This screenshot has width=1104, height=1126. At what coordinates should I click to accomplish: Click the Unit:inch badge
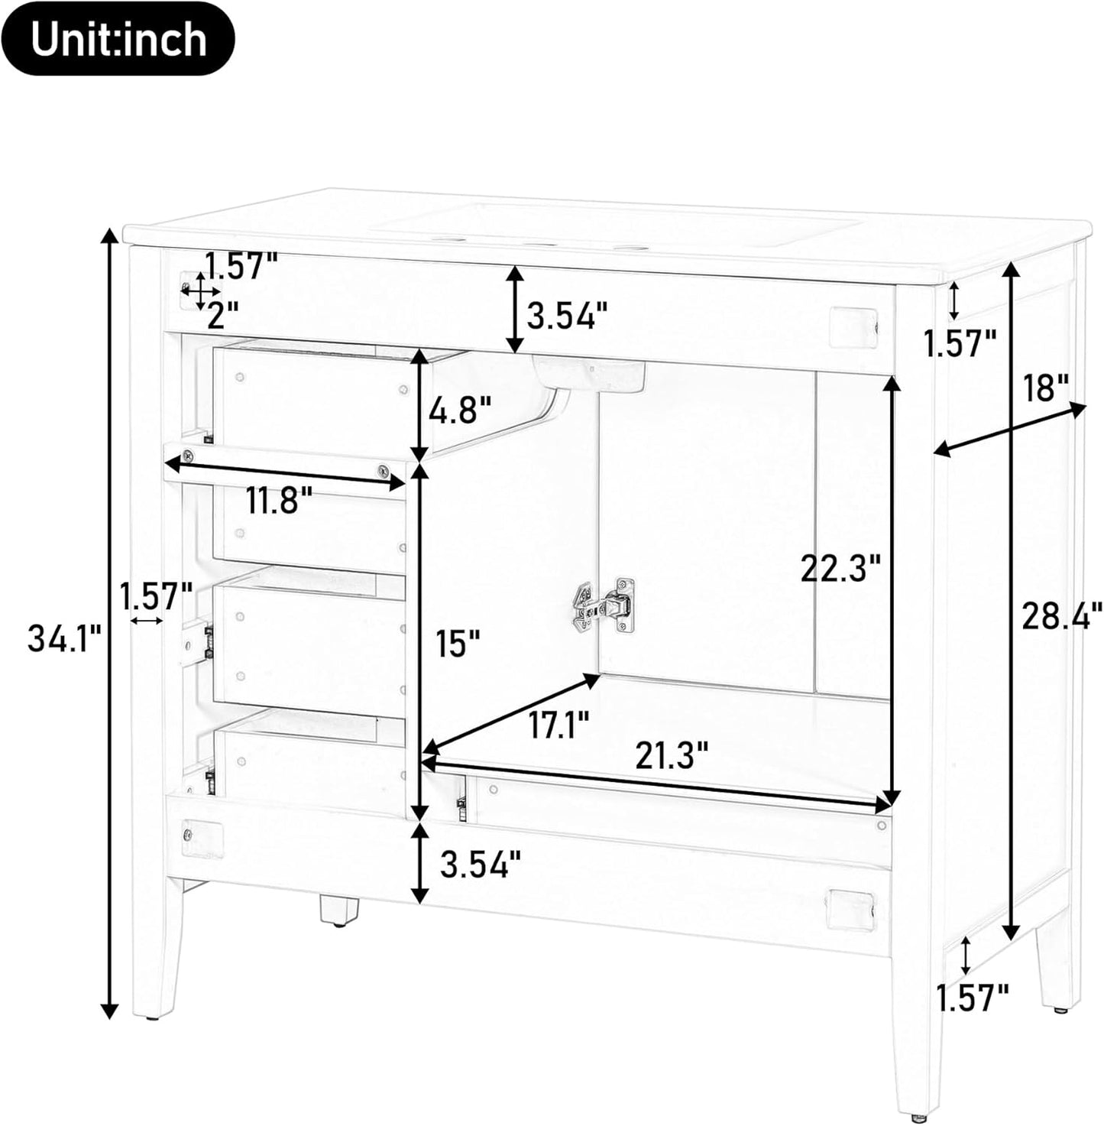point(118,38)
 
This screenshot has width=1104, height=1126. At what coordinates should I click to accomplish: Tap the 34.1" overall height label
point(66,638)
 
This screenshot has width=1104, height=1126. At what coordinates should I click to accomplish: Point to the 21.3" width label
point(672,755)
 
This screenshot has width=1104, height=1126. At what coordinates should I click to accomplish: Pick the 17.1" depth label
point(559,724)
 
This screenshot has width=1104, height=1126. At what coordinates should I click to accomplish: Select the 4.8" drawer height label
point(460,411)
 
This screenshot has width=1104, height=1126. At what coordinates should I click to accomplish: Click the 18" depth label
point(1046,388)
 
